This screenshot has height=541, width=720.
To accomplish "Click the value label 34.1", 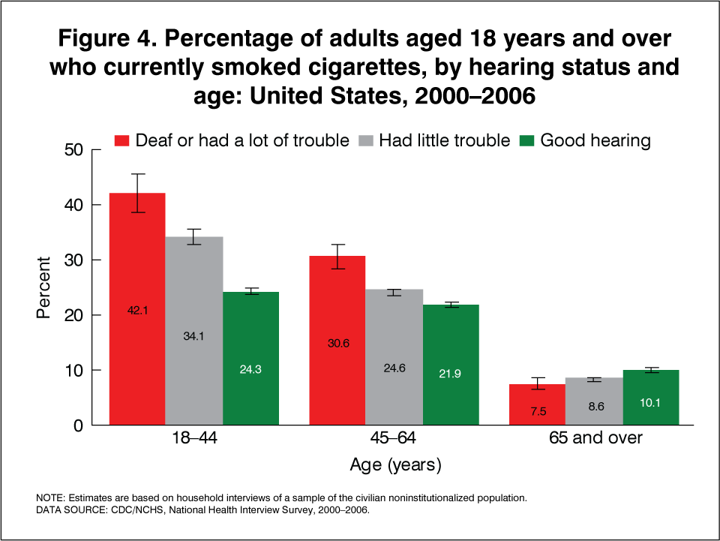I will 194,336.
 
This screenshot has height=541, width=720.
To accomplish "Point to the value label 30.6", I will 337,344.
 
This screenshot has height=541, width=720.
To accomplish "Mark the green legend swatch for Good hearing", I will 527,140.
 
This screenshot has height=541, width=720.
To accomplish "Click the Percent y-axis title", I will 44,288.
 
